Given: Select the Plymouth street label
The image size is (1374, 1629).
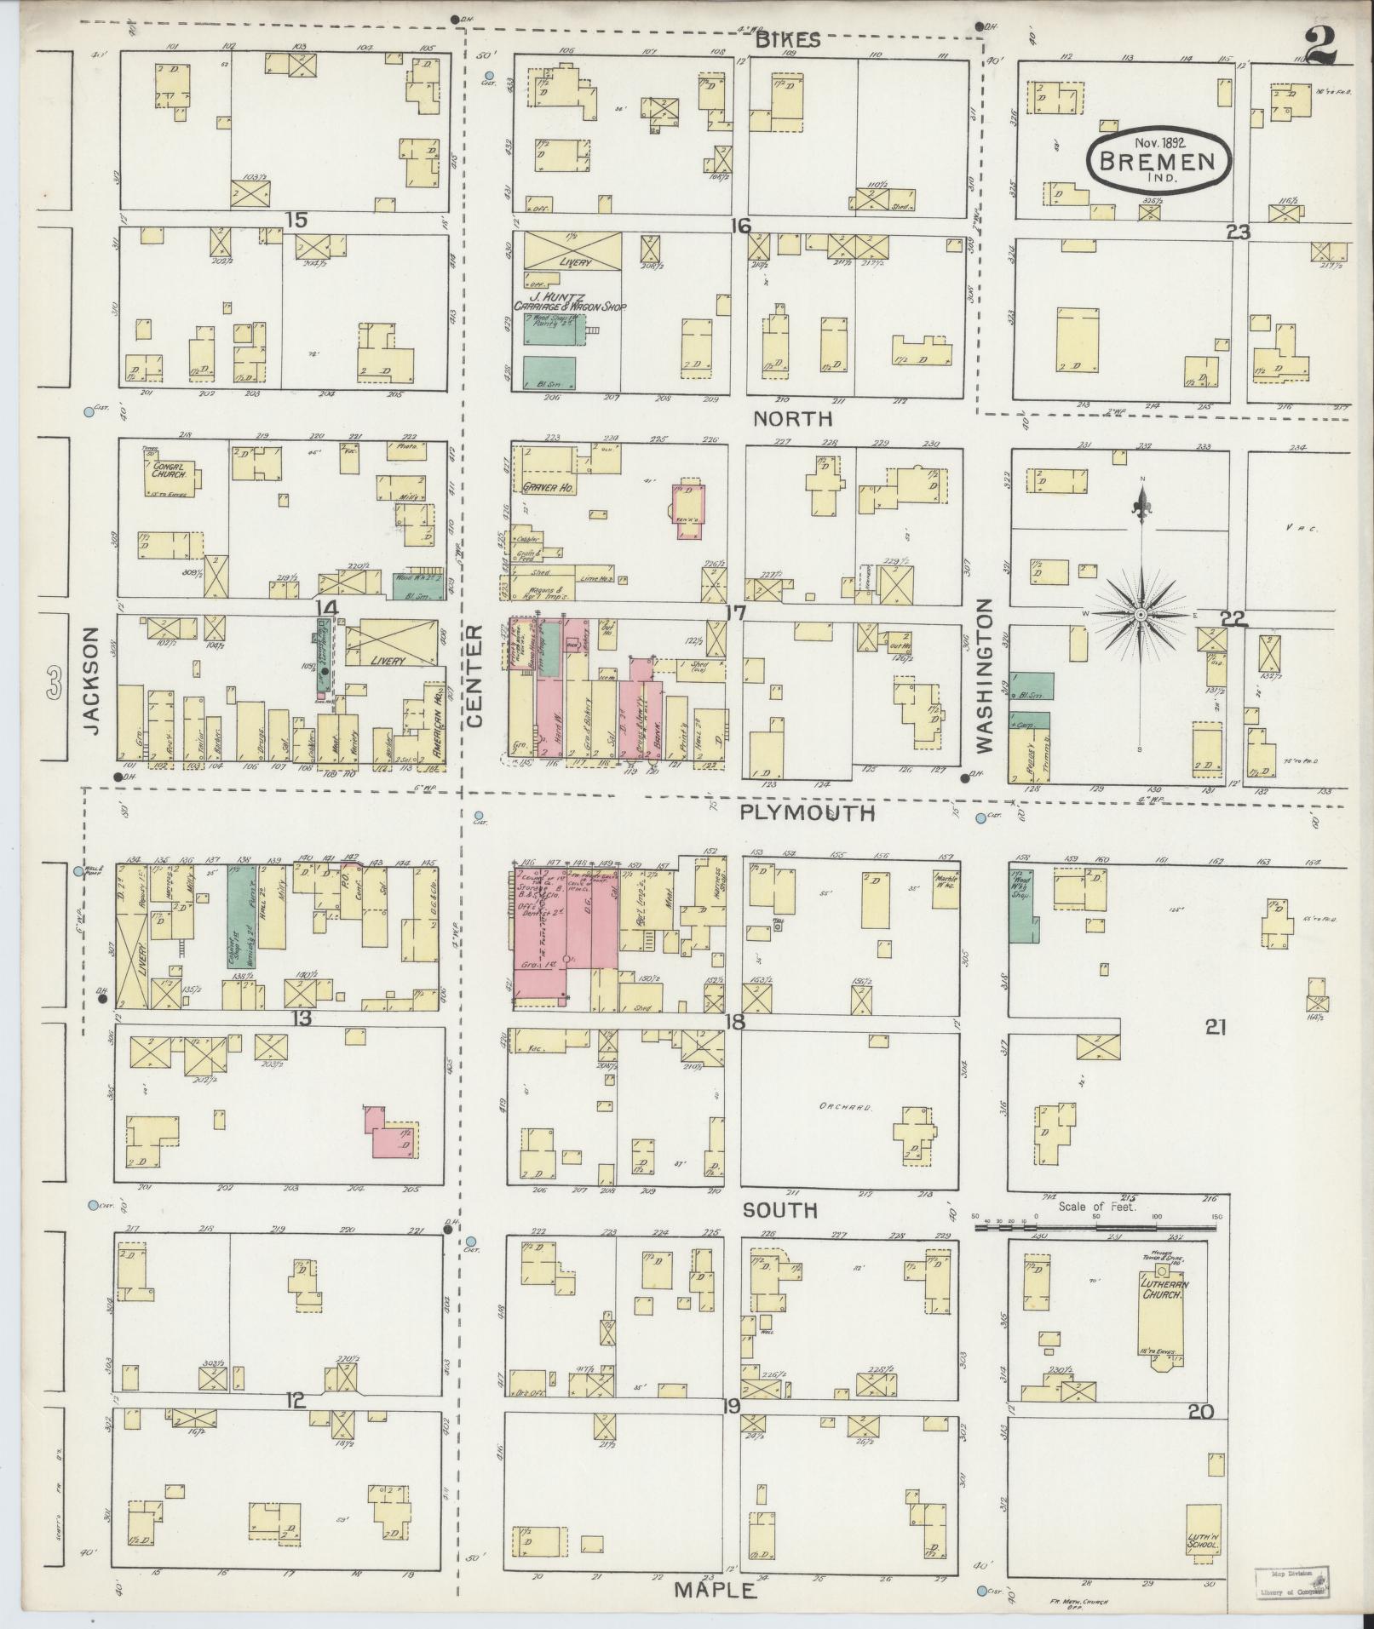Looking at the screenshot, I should [807, 812].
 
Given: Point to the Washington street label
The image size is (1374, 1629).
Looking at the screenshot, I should [986, 675].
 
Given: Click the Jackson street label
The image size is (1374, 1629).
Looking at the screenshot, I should [93, 680].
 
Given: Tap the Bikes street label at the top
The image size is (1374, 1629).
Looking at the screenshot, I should [786, 40].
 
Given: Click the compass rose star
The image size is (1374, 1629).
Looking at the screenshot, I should [1140, 614].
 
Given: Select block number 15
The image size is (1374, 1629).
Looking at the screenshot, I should [296, 221].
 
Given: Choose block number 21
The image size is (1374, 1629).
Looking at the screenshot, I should [1215, 1028].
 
